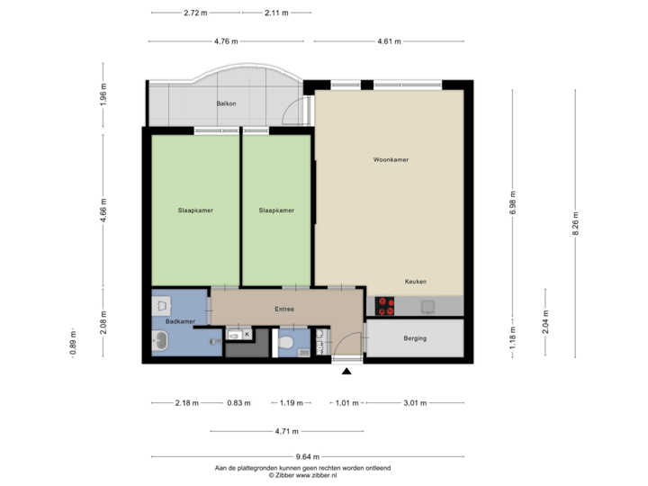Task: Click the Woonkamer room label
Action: [x=391, y=160]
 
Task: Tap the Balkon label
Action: [x=226, y=104]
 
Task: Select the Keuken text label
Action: [x=415, y=281]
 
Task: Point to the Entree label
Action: [x=284, y=310]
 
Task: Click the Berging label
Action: [x=415, y=338]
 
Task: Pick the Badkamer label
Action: [x=180, y=321]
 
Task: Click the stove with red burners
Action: [x=386, y=306]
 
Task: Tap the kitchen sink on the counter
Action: [x=428, y=306]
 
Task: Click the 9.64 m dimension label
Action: [x=308, y=456]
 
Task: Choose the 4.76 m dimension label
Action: [x=226, y=41]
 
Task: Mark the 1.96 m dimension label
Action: [x=103, y=94]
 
